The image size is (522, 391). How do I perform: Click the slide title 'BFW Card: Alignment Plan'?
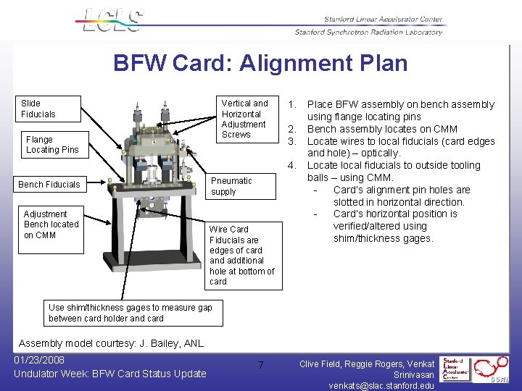pyautogui.click(x=260, y=63)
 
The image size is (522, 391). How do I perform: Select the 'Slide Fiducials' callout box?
pyautogui.click(x=48, y=109)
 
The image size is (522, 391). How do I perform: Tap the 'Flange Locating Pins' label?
pyautogui.click(x=52, y=144)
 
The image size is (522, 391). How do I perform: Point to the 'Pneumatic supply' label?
pyautogui.click(x=231, y=186)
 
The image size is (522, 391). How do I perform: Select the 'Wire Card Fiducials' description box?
pyautogui.click(x=242, y=255)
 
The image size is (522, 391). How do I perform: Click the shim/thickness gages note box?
pyautogui.click(x=130, y=313)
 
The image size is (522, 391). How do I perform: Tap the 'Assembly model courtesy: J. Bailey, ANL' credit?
pyautogui.click(x=111, y=343)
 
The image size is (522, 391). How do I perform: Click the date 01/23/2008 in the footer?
pyautogui.click(x=39, y=360)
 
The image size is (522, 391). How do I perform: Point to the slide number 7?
pyautogui.click(x=261, y=366)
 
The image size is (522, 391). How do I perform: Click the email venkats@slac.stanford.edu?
pyautogui.click(x=381, y=385)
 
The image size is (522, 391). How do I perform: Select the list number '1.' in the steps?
pyautogui.click(x=292, y=104)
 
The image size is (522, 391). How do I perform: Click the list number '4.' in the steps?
pyautogui.click(x=292, y=165)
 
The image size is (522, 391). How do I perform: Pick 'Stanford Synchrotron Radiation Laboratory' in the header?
pyautogui.click(x=368, y=32)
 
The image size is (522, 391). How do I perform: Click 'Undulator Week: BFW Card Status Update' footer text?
pyautogui.click(x=110, y=374)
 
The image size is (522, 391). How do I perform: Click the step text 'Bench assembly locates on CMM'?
pyautogui.click(x=382, y=129)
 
